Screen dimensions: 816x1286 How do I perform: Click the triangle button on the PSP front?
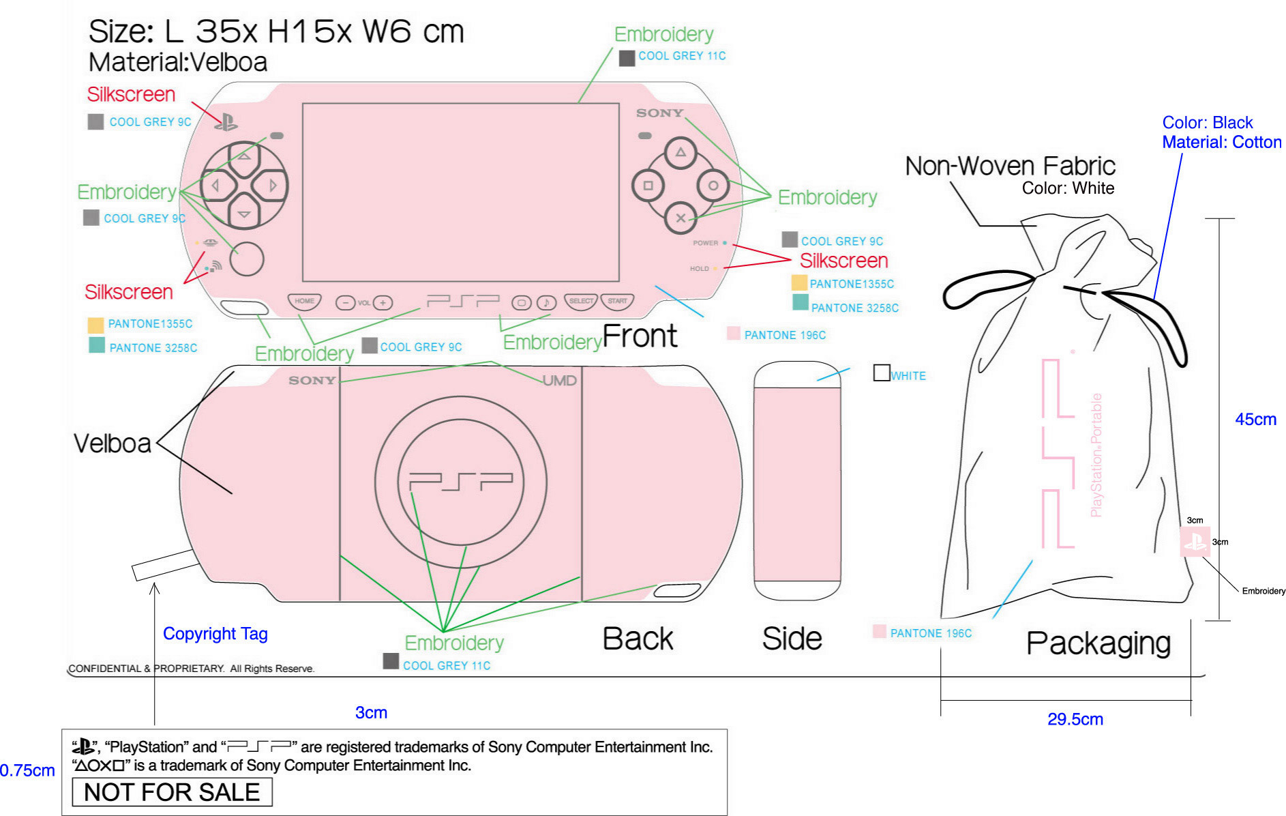(681, 153)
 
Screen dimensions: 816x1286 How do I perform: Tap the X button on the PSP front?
(681, 218)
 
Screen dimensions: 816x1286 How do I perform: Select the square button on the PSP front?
(648, 186)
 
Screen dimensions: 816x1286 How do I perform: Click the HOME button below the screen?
(304, 301)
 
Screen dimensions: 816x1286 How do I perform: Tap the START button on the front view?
(617, 301)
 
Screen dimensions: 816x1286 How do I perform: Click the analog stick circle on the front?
(247, 259)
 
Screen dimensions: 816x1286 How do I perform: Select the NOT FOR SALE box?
(172, 792)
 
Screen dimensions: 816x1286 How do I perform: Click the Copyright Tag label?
(215, 634)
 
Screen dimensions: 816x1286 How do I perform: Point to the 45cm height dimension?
(1255, 420)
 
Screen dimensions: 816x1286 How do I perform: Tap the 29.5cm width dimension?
(1075, 719)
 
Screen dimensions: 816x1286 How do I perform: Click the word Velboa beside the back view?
(113, 443)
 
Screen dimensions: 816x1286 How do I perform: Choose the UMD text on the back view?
(560, 381)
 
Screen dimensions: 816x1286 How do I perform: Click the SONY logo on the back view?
(312, 381)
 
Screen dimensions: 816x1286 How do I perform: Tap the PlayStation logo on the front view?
(226, 122)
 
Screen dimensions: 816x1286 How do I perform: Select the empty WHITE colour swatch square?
(882, 373)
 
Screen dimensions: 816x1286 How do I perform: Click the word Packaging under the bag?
(1098, 643)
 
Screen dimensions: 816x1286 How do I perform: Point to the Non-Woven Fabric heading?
(1010, 166)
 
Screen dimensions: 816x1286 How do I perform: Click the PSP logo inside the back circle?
(461, 482)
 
